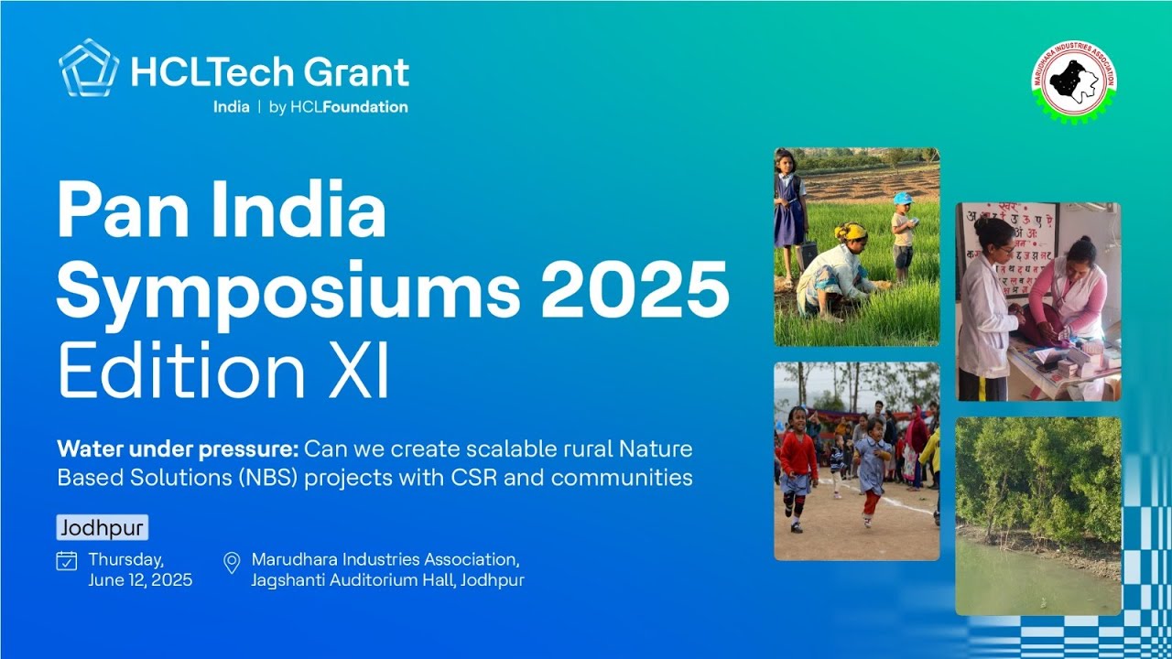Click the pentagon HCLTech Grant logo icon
89,69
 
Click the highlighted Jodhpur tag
102,528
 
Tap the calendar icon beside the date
67,560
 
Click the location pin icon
232,562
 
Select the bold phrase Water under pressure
177,449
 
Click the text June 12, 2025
140,580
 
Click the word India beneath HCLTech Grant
231,107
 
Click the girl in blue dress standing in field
788,211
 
